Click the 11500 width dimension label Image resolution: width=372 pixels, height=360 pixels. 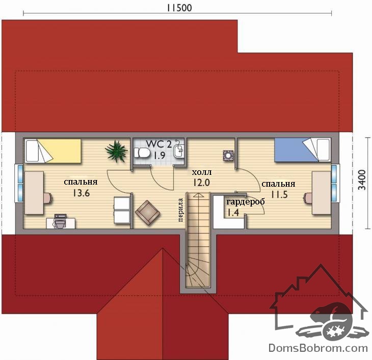point(179,8)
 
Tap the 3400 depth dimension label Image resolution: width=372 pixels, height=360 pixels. point(362,180)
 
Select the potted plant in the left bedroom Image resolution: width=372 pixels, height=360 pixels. point(116,151)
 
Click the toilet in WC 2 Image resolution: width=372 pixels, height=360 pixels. point(141,153)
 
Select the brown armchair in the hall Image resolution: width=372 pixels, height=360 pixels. point(148,212)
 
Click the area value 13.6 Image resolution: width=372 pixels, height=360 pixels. point(81,193)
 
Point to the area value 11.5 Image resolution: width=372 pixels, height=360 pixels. point(279,194)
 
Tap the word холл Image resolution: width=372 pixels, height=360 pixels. point(202,172)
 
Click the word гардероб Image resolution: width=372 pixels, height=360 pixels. point(245,202)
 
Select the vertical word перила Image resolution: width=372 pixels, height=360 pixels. point(180,210)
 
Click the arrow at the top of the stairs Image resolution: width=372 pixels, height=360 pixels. point(198,195)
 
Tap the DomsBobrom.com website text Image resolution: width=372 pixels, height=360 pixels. point(318,348)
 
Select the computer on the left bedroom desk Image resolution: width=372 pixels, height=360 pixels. point(60,221)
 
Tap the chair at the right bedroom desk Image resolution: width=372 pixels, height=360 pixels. point(308,198)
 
